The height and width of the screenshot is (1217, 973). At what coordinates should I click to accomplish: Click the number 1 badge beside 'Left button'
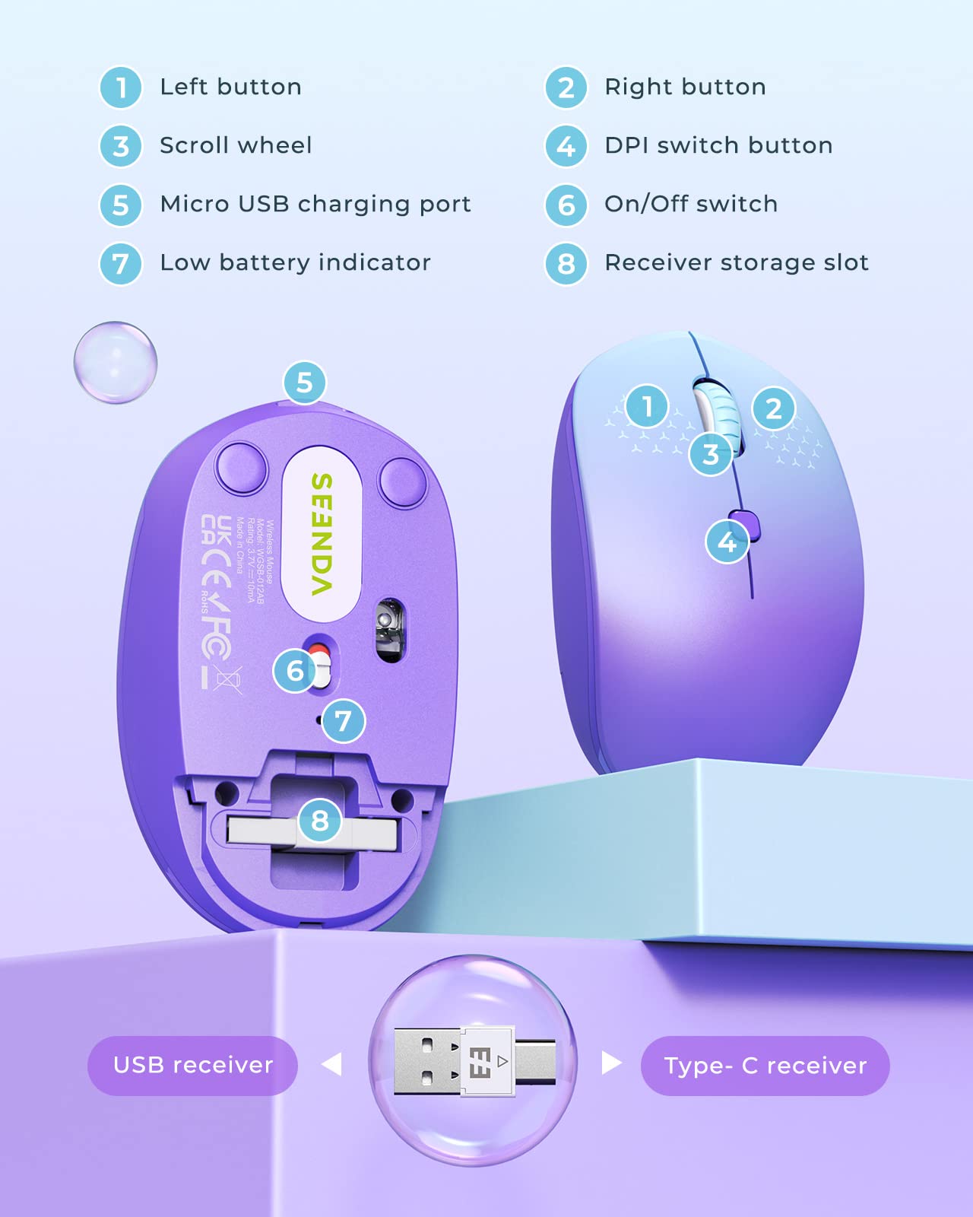tap(121, 87)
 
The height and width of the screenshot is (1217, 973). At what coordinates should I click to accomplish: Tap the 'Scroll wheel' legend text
tap(236, 145)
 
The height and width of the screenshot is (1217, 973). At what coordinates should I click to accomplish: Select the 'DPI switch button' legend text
tap(718, 145)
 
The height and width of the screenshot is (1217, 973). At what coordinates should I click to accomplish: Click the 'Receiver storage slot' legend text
tap(736, 262)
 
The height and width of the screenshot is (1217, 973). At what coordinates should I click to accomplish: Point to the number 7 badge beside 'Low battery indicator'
tap(121, 264)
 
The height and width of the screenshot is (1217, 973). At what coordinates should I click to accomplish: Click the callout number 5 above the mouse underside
tap(305, 383)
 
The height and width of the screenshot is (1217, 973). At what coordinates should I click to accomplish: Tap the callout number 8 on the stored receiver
tap(320, 820)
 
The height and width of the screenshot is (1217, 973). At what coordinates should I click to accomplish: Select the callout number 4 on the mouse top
tap(727, 542)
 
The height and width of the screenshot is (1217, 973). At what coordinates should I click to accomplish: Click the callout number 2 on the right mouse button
tap(774, 408)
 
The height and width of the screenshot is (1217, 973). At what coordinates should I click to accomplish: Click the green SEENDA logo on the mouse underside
tap(322, 534)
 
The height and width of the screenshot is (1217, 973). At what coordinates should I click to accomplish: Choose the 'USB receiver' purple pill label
tap(192, 1065)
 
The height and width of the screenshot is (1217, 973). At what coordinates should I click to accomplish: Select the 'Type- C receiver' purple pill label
tap(765, 1066)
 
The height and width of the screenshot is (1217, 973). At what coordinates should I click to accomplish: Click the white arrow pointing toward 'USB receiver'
tap(332, 1064)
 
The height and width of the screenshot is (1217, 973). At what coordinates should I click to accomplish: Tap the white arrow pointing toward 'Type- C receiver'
tap(611, 1063)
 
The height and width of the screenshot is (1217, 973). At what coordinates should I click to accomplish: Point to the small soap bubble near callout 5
tap(116, 362)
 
